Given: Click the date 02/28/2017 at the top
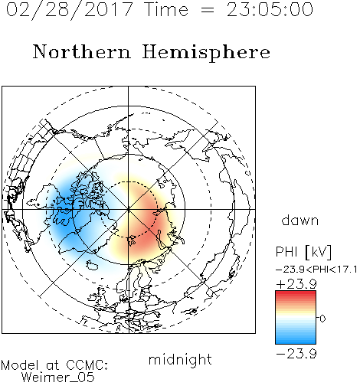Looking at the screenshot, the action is pos(69,9).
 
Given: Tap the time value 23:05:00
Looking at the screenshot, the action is pos(270,9).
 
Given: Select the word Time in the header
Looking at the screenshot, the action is pos(166,9).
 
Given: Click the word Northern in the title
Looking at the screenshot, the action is pos(82,52).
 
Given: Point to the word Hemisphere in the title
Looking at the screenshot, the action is pos(206,53).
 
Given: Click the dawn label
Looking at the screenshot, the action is pos(300,220).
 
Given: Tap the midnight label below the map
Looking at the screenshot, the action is pos(180,359).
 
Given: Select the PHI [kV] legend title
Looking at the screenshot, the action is pos(303,252).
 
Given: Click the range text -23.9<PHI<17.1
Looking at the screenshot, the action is pos(316,270).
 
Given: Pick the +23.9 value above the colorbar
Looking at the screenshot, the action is pos(296,284).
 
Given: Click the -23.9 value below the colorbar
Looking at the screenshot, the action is pos(296,354).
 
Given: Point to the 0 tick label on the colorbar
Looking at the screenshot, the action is pos(322,319).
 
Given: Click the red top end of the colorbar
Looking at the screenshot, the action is pos(296,293).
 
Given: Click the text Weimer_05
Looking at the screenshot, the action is pos(58,378).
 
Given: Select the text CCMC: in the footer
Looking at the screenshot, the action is pos(87,365).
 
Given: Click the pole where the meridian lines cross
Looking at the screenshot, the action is pos(129,210).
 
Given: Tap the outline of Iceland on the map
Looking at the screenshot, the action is pos(92,265).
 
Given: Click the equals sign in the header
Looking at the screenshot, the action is pos(208,10).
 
